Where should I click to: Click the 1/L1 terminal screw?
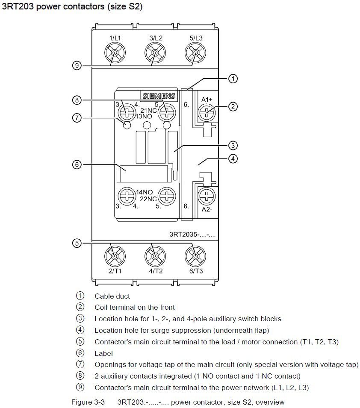115,53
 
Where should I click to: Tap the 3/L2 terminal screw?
155,53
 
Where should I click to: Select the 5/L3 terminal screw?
195,53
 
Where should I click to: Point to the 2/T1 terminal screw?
115,256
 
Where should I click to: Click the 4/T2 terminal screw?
155,256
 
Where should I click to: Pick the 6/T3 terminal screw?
195,256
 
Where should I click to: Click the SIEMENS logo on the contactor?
159,96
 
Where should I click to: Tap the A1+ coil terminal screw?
207,113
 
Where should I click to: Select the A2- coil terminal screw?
207,196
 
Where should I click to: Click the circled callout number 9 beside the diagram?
77,65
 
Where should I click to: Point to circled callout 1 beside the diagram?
233,79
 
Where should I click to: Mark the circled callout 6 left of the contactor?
77,164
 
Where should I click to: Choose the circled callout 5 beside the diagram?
77,243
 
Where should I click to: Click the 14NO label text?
145,192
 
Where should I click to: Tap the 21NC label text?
148,111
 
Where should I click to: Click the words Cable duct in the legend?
112,296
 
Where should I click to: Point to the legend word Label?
103,353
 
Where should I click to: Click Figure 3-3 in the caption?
88,402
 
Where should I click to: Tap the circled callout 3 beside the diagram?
233,145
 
